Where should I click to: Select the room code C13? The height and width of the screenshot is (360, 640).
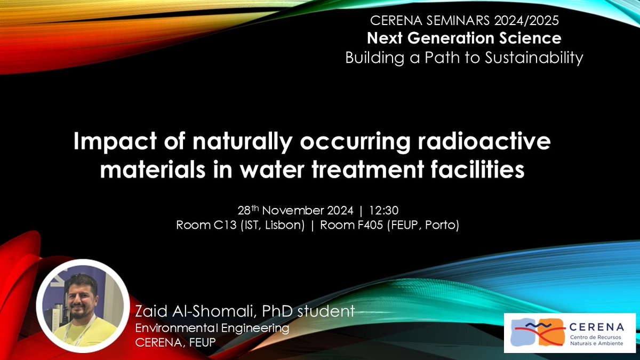pos(215,225)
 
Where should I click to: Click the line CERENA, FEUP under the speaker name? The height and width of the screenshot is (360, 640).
pos(174,341)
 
